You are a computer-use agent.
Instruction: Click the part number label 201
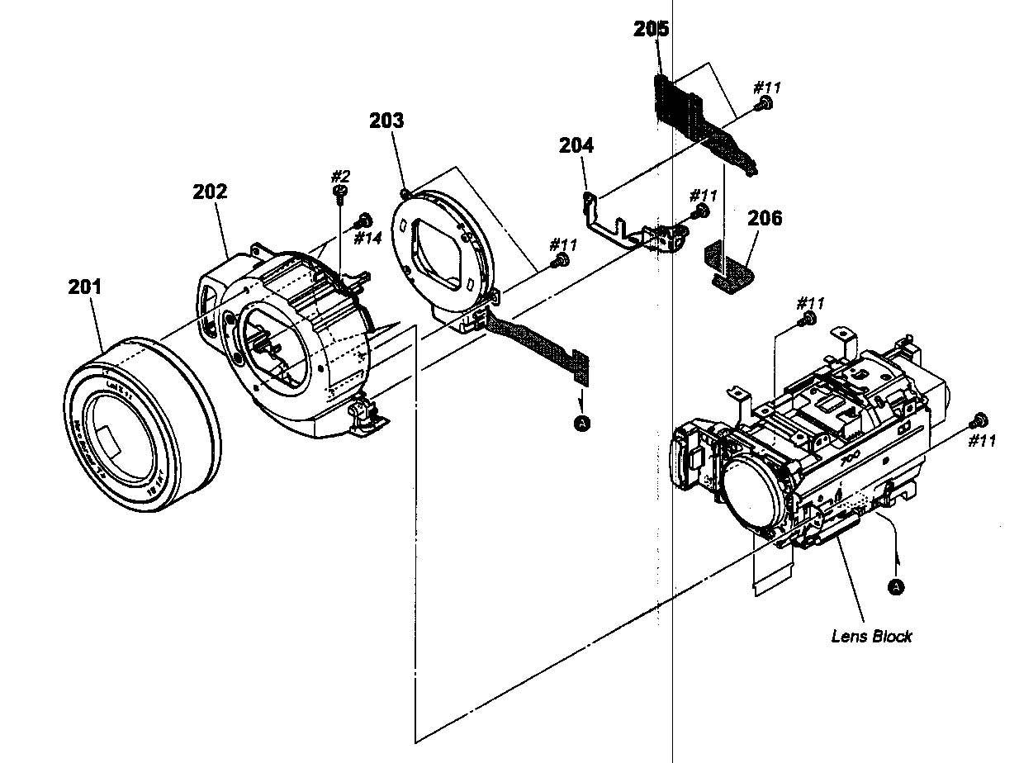point(85,287)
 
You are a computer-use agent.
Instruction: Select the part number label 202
point(210,192)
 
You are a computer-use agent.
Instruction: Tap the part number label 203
point(386,121)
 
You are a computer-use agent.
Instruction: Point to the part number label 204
point(576,145)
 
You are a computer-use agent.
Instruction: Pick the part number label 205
point(652,29)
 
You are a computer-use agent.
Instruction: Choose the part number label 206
point(765,218)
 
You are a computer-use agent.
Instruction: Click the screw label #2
point(341,176)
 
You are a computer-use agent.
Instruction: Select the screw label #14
point(367,238)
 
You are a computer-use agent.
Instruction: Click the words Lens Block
point(871,636)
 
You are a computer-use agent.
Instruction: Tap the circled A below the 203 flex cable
point(583,423)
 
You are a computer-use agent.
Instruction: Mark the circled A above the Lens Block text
point(894,585)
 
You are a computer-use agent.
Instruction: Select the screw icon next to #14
point(361,221)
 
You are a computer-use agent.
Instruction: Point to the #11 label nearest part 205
point(767,87)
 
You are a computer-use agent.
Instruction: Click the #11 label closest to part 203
point(564,244)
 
